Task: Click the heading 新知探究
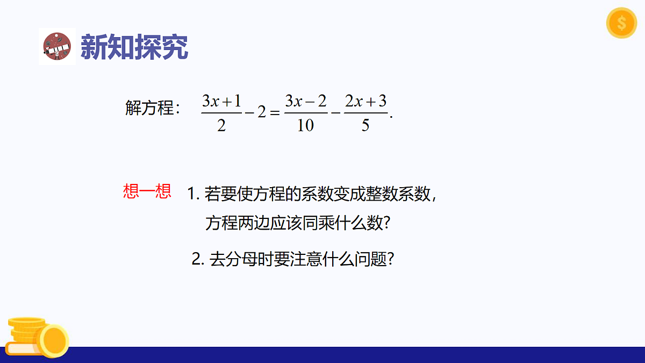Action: (134, 47)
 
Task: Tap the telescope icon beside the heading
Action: (57, 47)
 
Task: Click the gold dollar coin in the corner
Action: (621, 23)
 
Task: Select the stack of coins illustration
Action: (38, 337)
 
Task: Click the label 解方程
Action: (149, 108)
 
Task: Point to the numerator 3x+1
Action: (221, 101)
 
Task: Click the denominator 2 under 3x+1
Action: (221, 125)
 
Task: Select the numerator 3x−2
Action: (306, 101)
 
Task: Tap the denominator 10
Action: (305, 125)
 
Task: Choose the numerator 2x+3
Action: (365, 101)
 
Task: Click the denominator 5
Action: (365, 125)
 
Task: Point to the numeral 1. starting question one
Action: (193, 194)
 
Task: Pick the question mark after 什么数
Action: (385, 223)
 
